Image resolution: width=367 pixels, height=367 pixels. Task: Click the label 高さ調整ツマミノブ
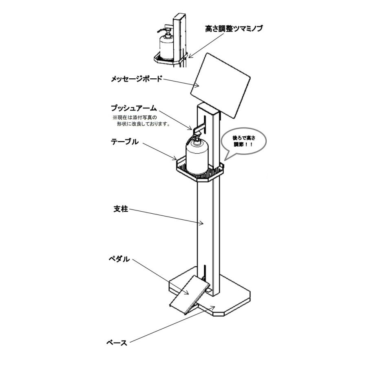tap(234, 29)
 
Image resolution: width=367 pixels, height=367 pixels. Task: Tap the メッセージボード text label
tap(136, 79)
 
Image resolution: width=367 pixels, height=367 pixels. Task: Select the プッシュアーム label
tap(133, 108)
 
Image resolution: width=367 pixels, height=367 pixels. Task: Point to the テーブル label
tap(125, 142)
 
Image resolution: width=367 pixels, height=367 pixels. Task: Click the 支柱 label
tap(121, 209)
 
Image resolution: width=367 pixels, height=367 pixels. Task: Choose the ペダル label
tap(119, 259)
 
